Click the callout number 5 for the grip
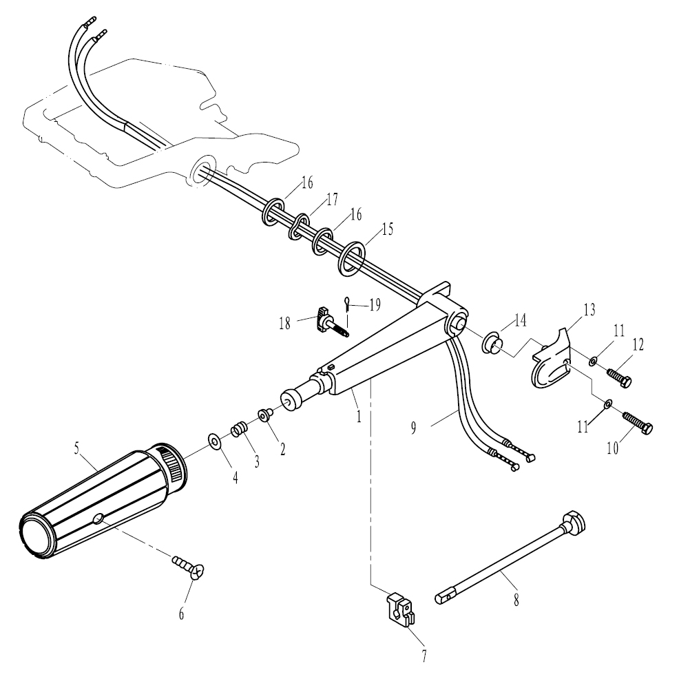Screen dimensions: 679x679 tap(76, 448)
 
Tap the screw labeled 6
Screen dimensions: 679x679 tap(189, 567)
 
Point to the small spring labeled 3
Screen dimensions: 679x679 tap(239, 429)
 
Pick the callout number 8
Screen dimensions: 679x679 tap(516, 600)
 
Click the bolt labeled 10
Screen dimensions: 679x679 tap(638, 421)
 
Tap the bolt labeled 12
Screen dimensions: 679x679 tap(620, 377)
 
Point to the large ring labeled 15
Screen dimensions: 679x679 tap(351, 258)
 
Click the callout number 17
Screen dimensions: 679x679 tap(332, 200)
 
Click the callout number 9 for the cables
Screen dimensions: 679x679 tap(414, 428)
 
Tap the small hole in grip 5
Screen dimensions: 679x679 tap(99, 518)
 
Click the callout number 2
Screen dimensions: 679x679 tap(283, 450)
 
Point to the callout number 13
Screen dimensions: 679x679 tap(589, 310)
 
